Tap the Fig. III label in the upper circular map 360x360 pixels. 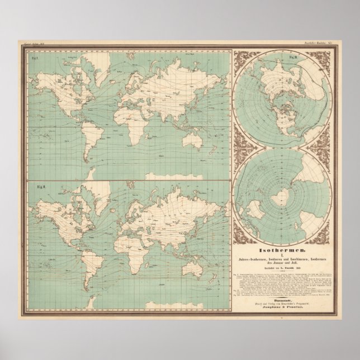(x=292, y=59)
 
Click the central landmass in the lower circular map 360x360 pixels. (x=279, y=199)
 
